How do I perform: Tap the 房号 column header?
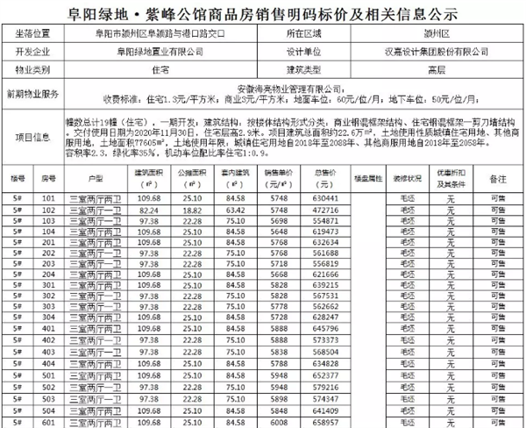(50, 177)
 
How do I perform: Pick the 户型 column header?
(96, 177)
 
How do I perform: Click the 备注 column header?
(499, 177)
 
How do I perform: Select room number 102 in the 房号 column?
(50, 210)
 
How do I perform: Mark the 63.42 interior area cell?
(235, 210)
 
